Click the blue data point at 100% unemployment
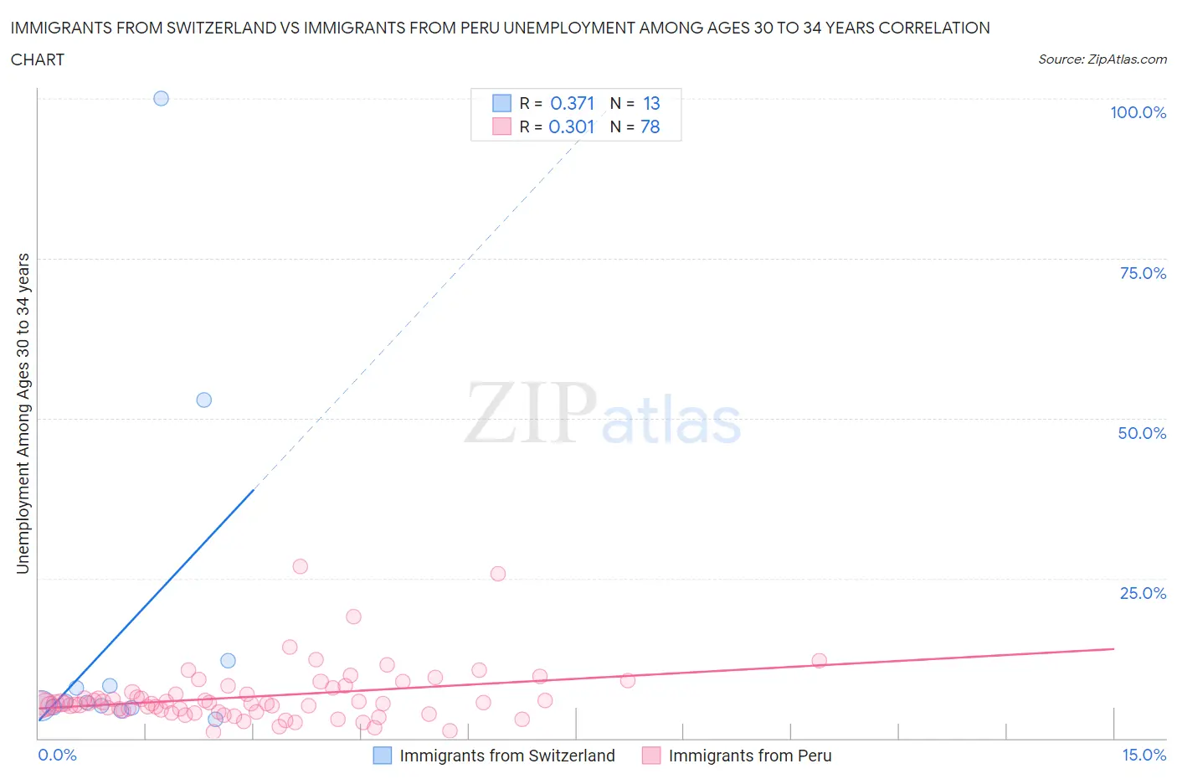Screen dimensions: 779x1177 161,98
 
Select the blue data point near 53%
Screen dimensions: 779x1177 203,400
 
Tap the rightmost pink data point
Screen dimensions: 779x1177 819,660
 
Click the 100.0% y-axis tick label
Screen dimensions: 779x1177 1138,112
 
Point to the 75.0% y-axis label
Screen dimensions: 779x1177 1143,273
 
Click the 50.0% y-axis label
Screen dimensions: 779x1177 1142,433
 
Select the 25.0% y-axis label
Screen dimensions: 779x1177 1143,593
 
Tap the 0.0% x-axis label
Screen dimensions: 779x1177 57,755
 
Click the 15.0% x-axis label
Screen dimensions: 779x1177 1144,755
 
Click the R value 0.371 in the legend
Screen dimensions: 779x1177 572,103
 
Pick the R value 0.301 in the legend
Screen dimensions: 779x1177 572,126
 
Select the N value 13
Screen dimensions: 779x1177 651,103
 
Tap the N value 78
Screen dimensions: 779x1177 650,126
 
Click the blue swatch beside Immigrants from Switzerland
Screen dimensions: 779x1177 383,756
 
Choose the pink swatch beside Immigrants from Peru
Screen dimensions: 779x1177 651,756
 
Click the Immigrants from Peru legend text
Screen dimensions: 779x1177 750,756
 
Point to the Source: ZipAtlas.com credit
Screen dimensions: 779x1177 1102,59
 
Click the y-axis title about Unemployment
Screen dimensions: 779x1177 23,413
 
